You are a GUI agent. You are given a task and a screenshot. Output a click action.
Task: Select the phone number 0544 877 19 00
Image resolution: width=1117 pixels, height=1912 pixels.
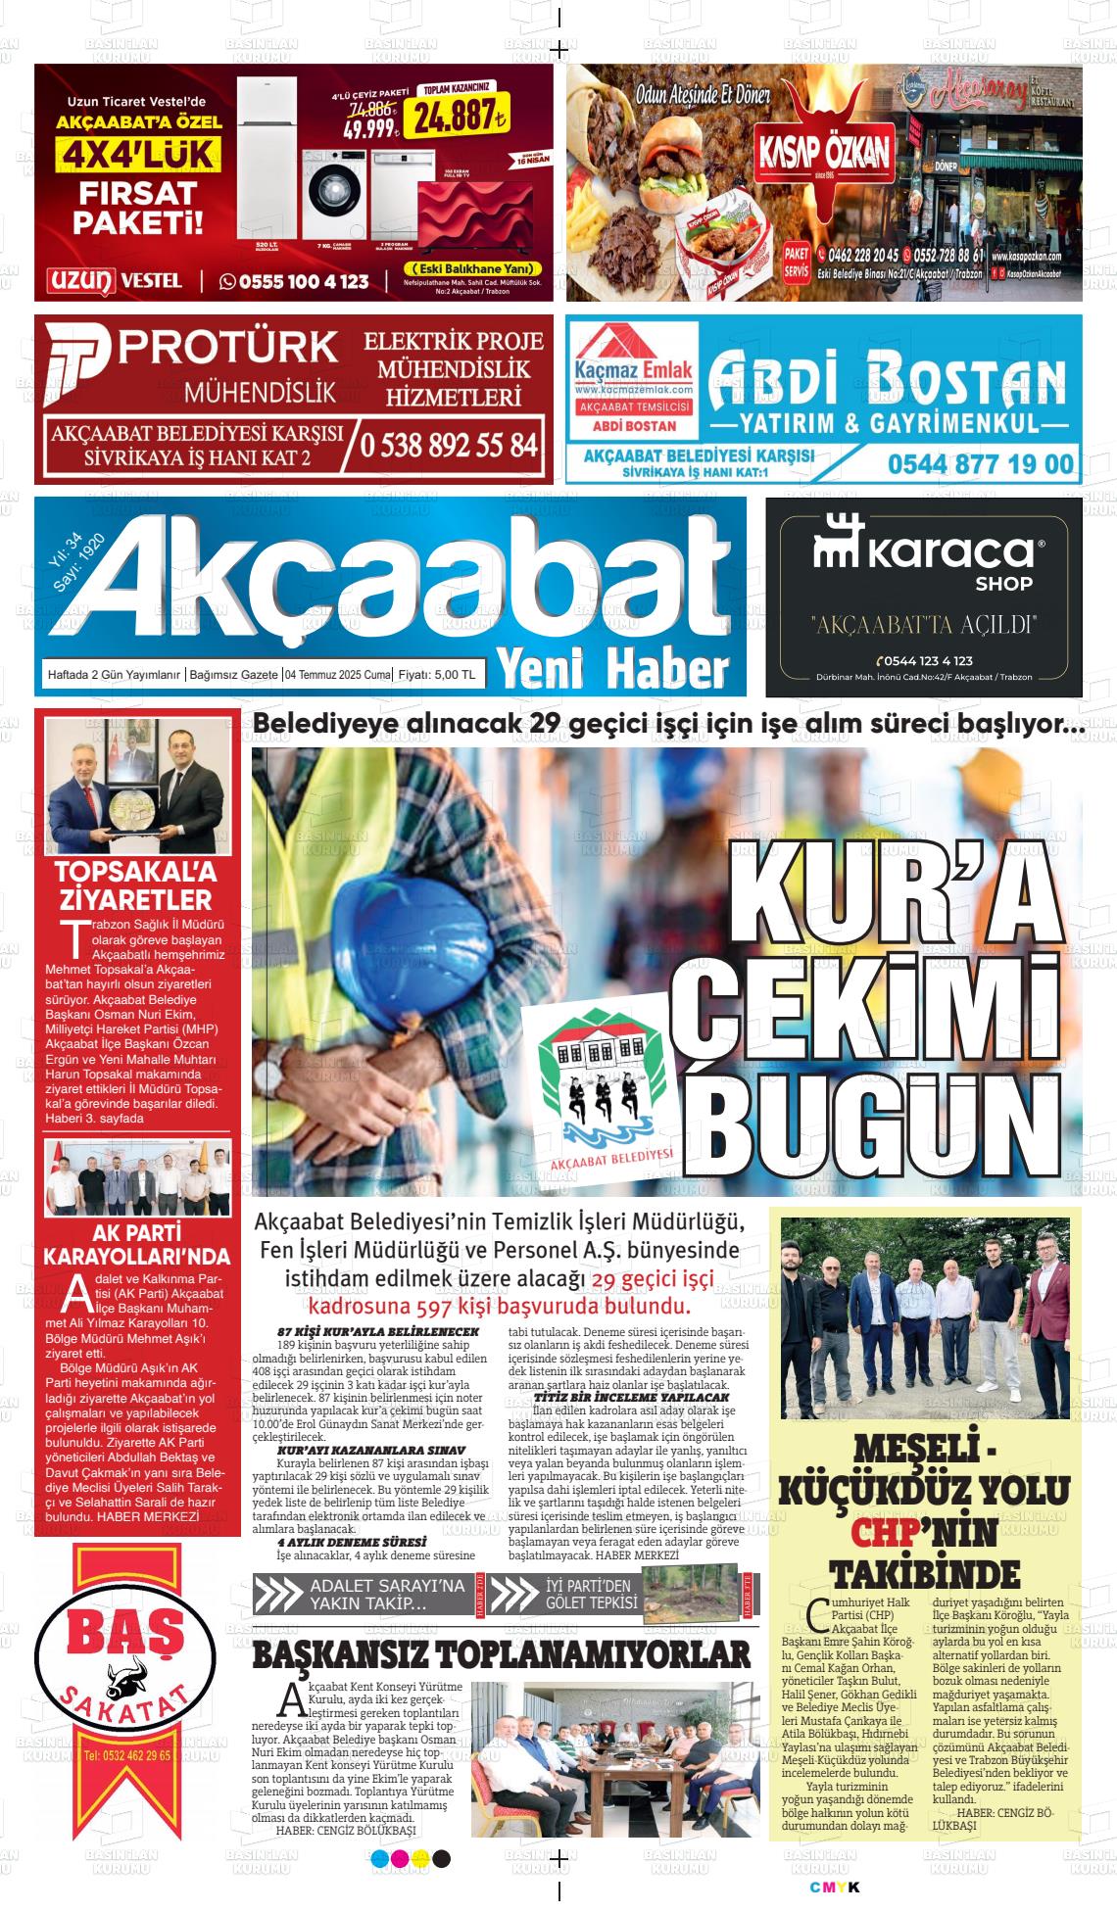[x=981, y=462]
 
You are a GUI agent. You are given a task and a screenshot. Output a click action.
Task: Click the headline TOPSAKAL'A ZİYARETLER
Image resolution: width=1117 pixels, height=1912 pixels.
[x=135, y=885]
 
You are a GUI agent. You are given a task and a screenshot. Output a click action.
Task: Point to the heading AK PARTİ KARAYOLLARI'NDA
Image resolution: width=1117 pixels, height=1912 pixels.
[x=137, y=1245]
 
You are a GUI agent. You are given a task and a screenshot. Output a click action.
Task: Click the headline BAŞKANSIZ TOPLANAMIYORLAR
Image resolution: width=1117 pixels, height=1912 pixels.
[x=501, y=1654]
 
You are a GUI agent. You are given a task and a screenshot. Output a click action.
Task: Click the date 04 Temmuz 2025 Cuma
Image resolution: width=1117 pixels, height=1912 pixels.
[x=337, y=675]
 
